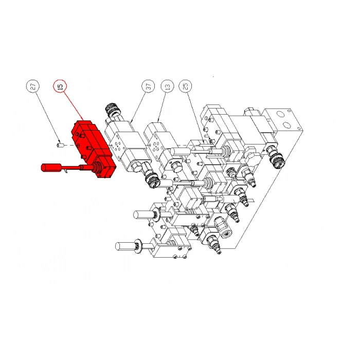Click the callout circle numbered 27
point(33,86)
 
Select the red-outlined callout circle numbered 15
point(60,86)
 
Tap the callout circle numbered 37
point(148,86)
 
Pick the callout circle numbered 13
point(167,86)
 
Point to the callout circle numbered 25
point(186,86)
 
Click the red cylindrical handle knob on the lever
point(51,167)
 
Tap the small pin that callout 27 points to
point(60,145)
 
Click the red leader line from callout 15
point(73,106)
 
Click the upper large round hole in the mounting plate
point(280,114)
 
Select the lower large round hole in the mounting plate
point(286,125)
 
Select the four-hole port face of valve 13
point(157,146)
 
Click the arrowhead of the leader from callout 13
point(158,120)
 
